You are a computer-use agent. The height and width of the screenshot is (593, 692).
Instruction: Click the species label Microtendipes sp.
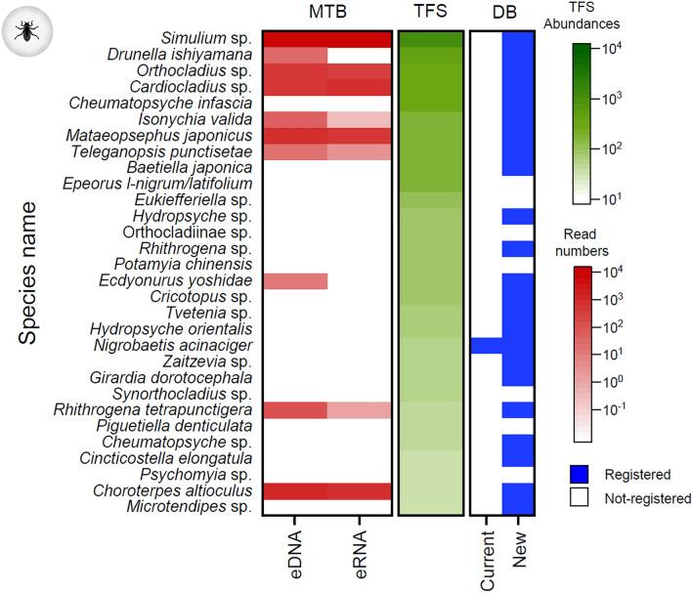(x=191, y=505)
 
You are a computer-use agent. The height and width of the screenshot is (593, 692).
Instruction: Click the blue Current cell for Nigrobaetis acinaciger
(x=487, y=345)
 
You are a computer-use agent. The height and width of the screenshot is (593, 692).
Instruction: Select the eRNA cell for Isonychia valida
(x=359, y=119)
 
